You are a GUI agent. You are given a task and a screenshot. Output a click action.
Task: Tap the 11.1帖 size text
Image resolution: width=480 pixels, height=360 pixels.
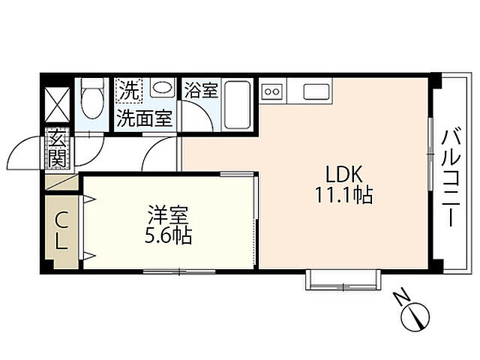tap(344, 196)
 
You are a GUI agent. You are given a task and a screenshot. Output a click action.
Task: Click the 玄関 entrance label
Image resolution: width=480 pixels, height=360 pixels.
tap(58, 148)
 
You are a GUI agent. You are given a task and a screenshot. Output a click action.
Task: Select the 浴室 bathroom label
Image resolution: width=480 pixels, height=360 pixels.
tap(201, 91)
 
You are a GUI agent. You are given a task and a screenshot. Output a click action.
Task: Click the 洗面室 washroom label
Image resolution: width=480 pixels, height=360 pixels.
tap(145, 118)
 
